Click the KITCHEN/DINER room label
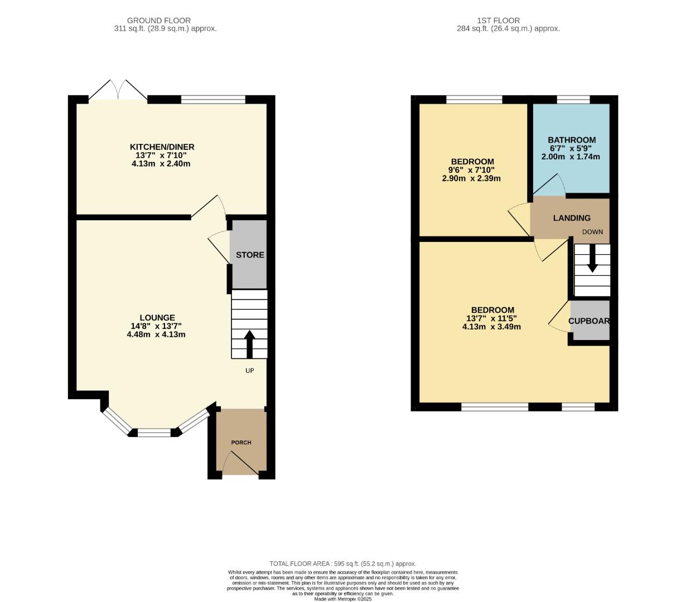[162, 147]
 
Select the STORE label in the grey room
[250, 255]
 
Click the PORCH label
[241, 443]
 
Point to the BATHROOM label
[571, 140]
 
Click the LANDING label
[572, 218]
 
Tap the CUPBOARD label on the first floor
[589, 321]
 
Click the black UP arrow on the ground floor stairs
[249, 343]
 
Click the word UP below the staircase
[249, 370]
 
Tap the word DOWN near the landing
[592, 232]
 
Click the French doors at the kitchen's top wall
[118, 93]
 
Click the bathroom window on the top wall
[573, 100]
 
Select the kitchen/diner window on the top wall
[213, 100]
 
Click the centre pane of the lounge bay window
[154, 433]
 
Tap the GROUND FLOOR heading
[158, 21]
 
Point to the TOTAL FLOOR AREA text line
[342, 564]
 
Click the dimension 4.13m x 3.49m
[491, 327]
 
